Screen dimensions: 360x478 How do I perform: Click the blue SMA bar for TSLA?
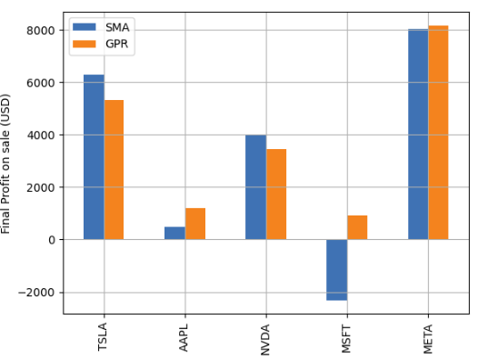coord(94,157)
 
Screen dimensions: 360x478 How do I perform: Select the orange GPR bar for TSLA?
coord(114,170)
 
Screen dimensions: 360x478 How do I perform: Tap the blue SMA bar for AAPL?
coord(174,233)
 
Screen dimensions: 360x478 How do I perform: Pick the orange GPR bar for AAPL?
coord(195,224)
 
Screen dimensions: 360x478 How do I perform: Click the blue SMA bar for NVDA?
coord(255,187)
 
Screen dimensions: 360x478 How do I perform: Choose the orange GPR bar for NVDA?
coord(276,195)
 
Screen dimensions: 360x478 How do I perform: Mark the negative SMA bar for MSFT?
coord(336,270)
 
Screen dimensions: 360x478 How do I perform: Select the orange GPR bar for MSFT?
coord(357,227)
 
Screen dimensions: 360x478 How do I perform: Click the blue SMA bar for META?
coord(418,135)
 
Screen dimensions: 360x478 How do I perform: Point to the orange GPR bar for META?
coord(438,133)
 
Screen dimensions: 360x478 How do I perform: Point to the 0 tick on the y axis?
coord(51,240)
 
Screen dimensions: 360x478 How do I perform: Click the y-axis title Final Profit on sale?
coord(8,163)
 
